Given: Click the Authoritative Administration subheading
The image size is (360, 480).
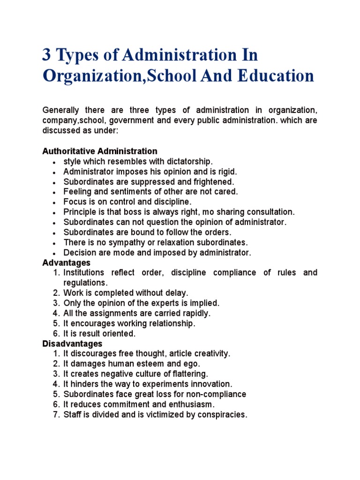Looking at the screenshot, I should pyautogui.click(x=100, y=151).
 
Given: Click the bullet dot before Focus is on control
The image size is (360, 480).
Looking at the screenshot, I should pyautogui.click(x=55, y=202).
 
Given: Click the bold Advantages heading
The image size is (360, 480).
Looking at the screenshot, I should pyautogui.click(x=66, y=262).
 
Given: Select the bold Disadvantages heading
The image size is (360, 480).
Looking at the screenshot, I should pyautogui.click(x=72, y=344).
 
